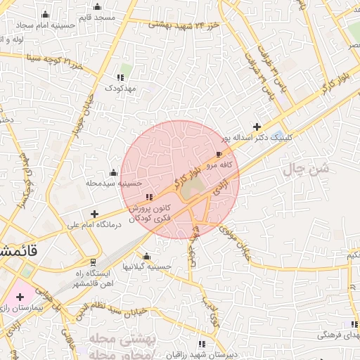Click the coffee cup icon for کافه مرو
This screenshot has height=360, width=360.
pyautogui.click(x=219, y=154)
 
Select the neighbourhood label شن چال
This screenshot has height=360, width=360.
pyautogui.click(x=307, y=169)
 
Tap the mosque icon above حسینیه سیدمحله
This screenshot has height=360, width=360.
pyautogui.click(x=113, y=172)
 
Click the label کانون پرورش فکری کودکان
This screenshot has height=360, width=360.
pyautogui.click(x=149, y=214)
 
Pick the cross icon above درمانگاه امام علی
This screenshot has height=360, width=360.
pyautogui.click(x=94, y=213)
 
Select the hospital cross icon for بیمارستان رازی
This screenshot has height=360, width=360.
pyautogui.click(x=20, y=297)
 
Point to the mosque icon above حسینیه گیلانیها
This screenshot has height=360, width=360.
pyautogui.click(x=146, y=257)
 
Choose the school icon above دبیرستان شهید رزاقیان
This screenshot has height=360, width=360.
pyautogui.click(x=202, y=345)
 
